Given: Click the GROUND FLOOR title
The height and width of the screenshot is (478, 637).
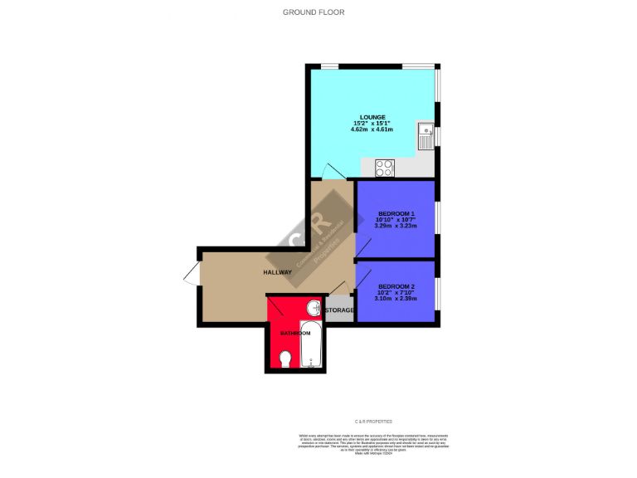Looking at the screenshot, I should [313, 12].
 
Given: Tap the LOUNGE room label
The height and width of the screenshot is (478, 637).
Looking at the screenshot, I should [372, 117].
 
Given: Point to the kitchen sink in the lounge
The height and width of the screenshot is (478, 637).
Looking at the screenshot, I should [425, 134].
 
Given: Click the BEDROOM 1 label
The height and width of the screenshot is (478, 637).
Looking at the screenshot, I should [396, 213].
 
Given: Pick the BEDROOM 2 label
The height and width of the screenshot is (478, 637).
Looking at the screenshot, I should [396, 286].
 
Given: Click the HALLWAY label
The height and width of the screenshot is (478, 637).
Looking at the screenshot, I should [278, 272].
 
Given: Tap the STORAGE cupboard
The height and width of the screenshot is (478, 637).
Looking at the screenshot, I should [339, 310].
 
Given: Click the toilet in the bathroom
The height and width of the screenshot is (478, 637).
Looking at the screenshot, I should [285, 358].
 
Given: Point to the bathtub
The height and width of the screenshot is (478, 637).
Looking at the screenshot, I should [310, 344].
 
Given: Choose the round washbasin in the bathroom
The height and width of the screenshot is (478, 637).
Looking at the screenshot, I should [312, 305].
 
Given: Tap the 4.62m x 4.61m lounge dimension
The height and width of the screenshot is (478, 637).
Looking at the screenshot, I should [372, 130].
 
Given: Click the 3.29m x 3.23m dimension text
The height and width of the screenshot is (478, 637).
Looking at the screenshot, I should [396, 226].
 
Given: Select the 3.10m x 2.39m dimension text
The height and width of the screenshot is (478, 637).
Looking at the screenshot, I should [396, 299].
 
